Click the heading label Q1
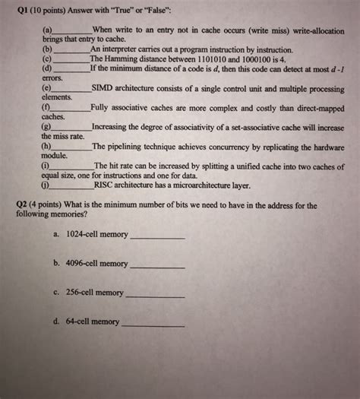point(22,11)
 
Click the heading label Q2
point(21,206)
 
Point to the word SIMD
point(103,89)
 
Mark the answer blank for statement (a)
point(71,30)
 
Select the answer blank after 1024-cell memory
point(157,238)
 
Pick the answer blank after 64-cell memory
point(153,325)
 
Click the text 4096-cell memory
point(97,263)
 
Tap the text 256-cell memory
point(95,293)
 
